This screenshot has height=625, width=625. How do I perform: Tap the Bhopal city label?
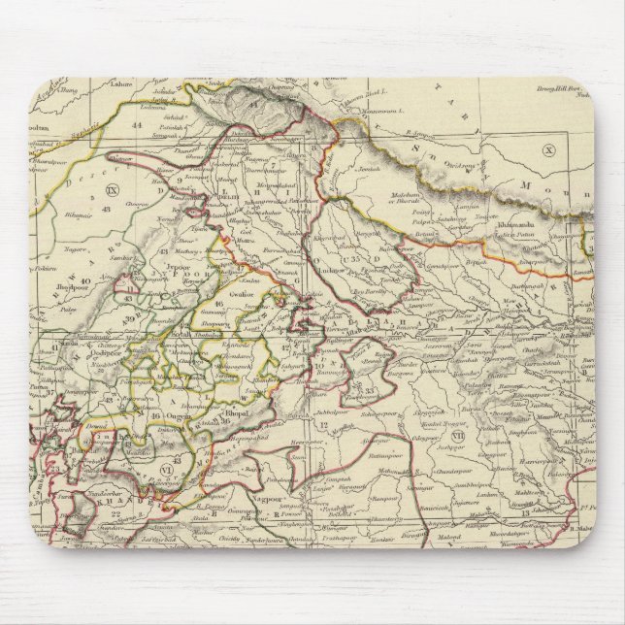click(x=238, y=411)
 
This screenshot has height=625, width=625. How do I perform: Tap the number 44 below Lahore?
click(x=138, y=125)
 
